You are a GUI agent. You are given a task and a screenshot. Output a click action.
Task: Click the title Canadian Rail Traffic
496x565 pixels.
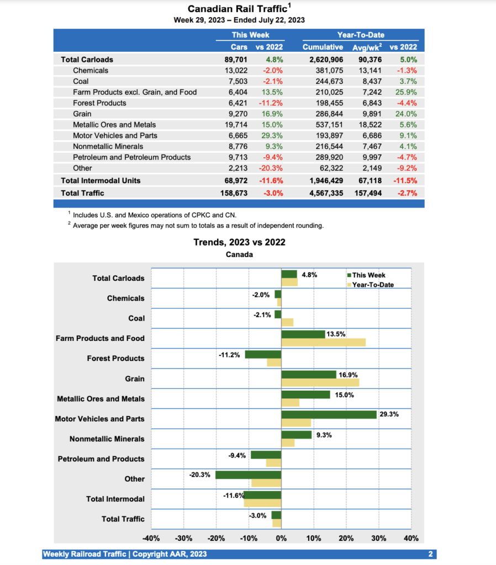pyautogui.click(x=239, y=9)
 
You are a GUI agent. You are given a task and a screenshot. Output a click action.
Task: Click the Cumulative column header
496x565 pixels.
pyautogui.click(x=323, y=47)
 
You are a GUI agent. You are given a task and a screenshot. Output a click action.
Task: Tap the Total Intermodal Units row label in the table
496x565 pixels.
pyautogui.click(x=101, y=180)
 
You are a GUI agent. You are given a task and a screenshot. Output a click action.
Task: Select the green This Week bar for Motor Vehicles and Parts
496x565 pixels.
pyautogui.click(x=329, y=414)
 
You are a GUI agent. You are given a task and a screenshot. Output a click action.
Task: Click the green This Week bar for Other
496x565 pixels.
pyautogui.click(x=248, y=475)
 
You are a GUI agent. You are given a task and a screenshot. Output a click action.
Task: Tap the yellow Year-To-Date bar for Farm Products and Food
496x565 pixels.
pyautogui.click(x=323, y=342)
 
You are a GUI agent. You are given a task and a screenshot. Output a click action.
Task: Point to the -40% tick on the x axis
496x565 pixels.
pyautogui.click(x=151, y=538)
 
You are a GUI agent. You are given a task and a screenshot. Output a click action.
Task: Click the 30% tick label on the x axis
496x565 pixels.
pyautogui.click(x=378, y=538)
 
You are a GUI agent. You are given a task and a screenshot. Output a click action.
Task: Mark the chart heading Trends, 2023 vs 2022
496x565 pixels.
pyautogui.click(x=239, y=242)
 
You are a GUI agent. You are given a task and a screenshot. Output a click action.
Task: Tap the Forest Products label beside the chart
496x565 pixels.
pyautogui.click(x=115, y=359)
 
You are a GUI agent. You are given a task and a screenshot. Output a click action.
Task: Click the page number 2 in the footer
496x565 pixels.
pyautogui.click(x=430, y=554)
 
